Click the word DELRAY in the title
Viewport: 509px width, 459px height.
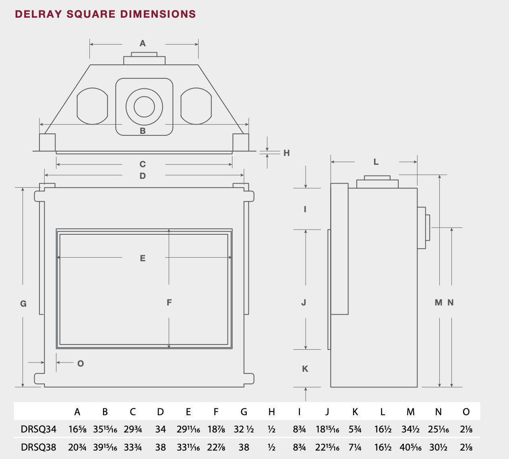coord(38,14)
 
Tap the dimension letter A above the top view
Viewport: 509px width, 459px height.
coord(143,43)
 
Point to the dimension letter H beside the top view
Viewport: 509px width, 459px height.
coord(286,153)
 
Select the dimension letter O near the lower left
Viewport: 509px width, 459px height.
coord(81,364)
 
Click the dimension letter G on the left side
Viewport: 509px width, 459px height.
coord(23,303)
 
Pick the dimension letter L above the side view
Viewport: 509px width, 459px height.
coord(376,162)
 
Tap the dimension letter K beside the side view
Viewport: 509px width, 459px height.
coord(305,369)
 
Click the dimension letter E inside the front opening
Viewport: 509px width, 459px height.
coord(143,258)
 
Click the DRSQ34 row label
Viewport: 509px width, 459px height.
coord(39,429)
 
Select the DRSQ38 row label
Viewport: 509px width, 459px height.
coord(39,447)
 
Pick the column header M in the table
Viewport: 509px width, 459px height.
coord(411,412)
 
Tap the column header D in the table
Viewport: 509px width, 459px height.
coord(160,412)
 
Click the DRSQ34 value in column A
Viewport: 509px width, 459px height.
coord(77,429)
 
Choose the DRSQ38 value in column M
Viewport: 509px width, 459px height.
coord(411,447)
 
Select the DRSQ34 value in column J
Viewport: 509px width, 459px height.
coord(327,429)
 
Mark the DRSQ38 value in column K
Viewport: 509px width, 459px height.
coord(355,447)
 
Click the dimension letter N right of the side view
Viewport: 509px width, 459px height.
coord(450,303)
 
